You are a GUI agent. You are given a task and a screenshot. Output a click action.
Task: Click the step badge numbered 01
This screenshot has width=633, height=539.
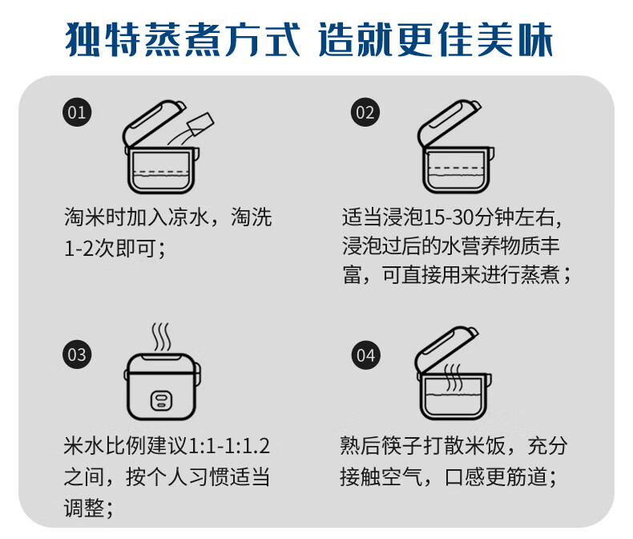[77, 111]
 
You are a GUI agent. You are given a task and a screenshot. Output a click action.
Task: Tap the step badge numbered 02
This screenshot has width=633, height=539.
[365, 111]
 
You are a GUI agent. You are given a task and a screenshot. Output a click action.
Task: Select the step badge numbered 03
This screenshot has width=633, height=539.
[77, 355]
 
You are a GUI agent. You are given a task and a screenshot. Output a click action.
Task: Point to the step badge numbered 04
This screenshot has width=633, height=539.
[365, 355]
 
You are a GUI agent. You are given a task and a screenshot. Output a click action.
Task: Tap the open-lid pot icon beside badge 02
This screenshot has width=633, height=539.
[453, 148]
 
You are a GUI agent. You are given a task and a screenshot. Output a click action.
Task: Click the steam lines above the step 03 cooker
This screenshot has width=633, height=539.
[162, 335]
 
